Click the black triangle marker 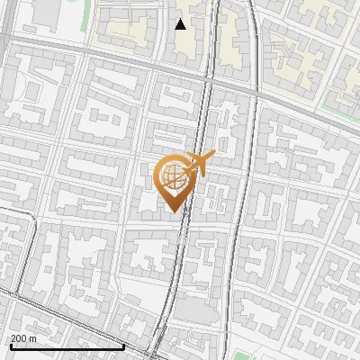(x=181, y=24)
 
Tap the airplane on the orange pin (x=197, y=165)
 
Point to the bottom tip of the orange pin (x=171, y=211)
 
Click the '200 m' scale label (x=24, y=338)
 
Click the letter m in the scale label (x=34, y=338)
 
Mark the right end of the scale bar (x=123, y=346)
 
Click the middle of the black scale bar (x=66, y=346)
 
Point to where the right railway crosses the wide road (x=256, y=90)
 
